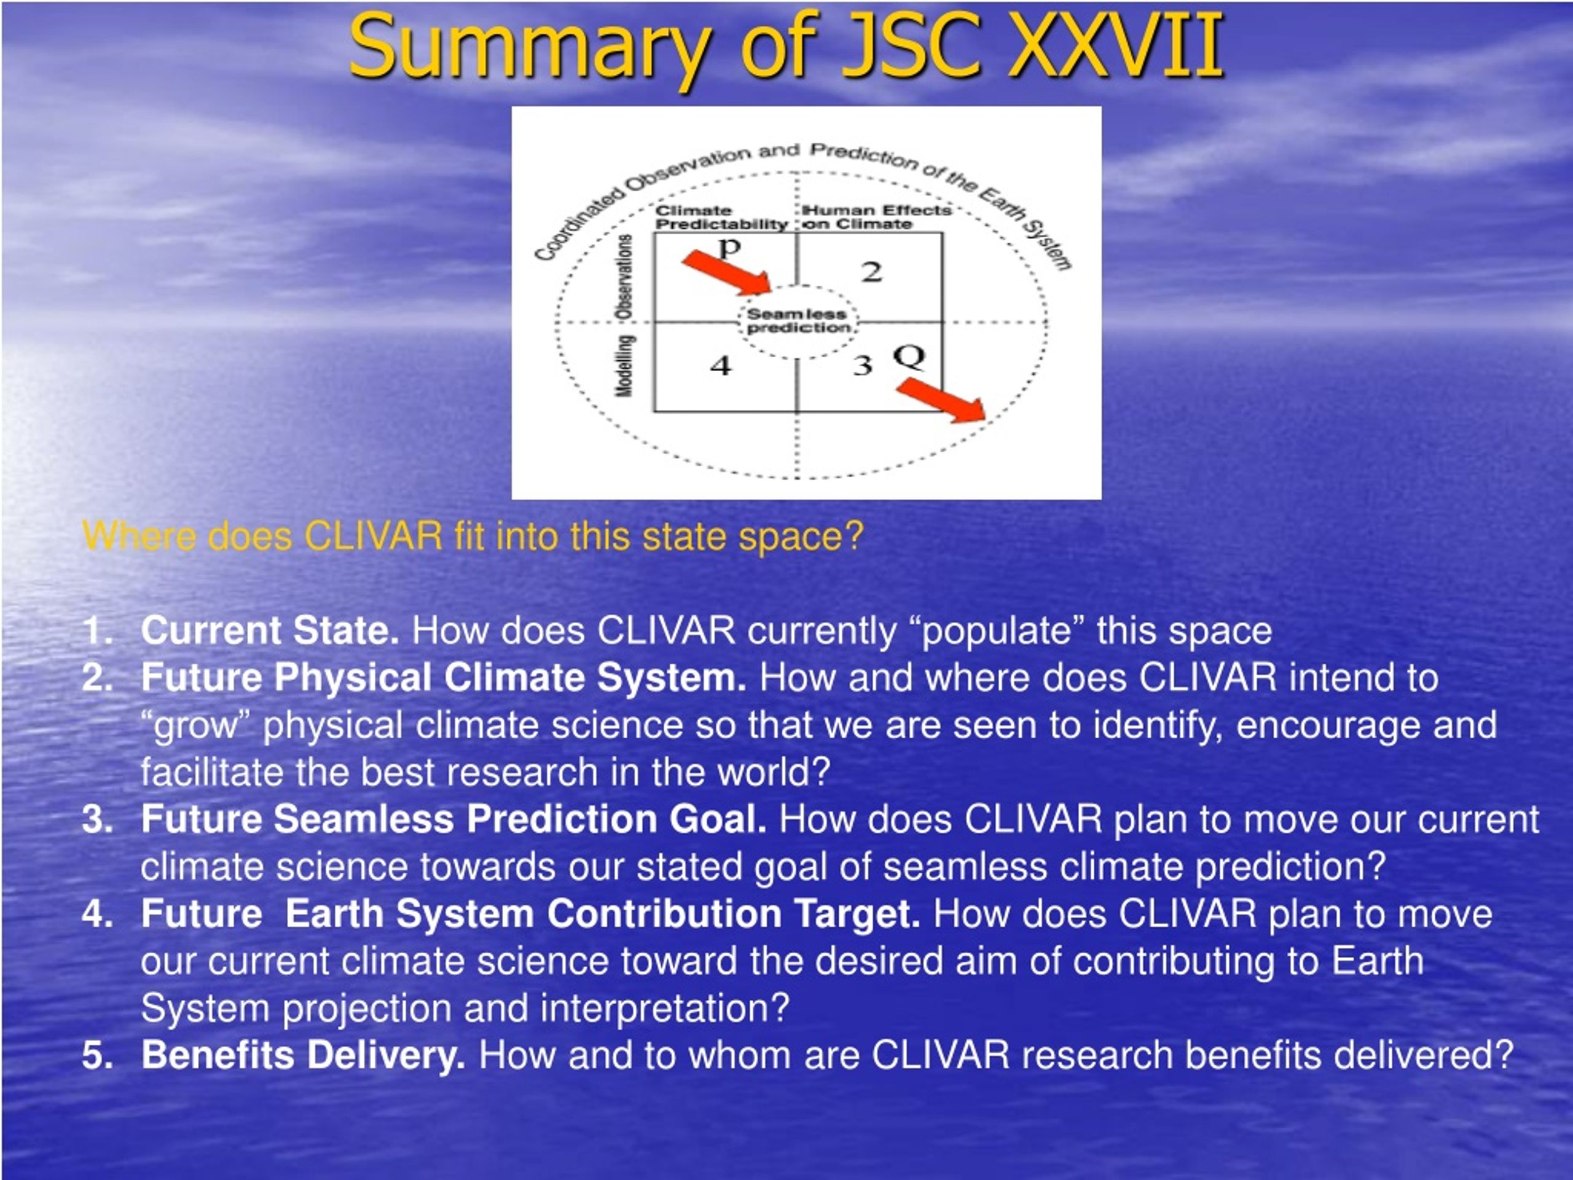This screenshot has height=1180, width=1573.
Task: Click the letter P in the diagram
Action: click(x=729, y=248)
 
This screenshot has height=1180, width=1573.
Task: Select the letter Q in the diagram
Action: click(x=909, y=356)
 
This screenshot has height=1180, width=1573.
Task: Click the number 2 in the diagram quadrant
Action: click(x=872, y=272)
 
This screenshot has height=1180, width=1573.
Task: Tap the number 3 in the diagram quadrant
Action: click(x=863, y=365)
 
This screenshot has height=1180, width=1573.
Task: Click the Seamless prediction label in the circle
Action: click(x=798, y=321)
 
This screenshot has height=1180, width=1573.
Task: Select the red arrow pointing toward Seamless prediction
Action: click(x=727, y=272)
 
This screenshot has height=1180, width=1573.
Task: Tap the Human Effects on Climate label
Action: click(x=877, y=217)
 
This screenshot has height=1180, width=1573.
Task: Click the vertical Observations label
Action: click(x=624, y=277)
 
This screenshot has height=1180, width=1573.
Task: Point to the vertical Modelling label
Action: click(x=624, y=366)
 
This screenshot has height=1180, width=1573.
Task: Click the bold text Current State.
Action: click(x=270, y=630)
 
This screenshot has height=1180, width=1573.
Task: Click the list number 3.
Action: click(x=98, y=819)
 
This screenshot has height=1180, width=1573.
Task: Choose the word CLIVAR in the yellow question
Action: click(x=374, y=535)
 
